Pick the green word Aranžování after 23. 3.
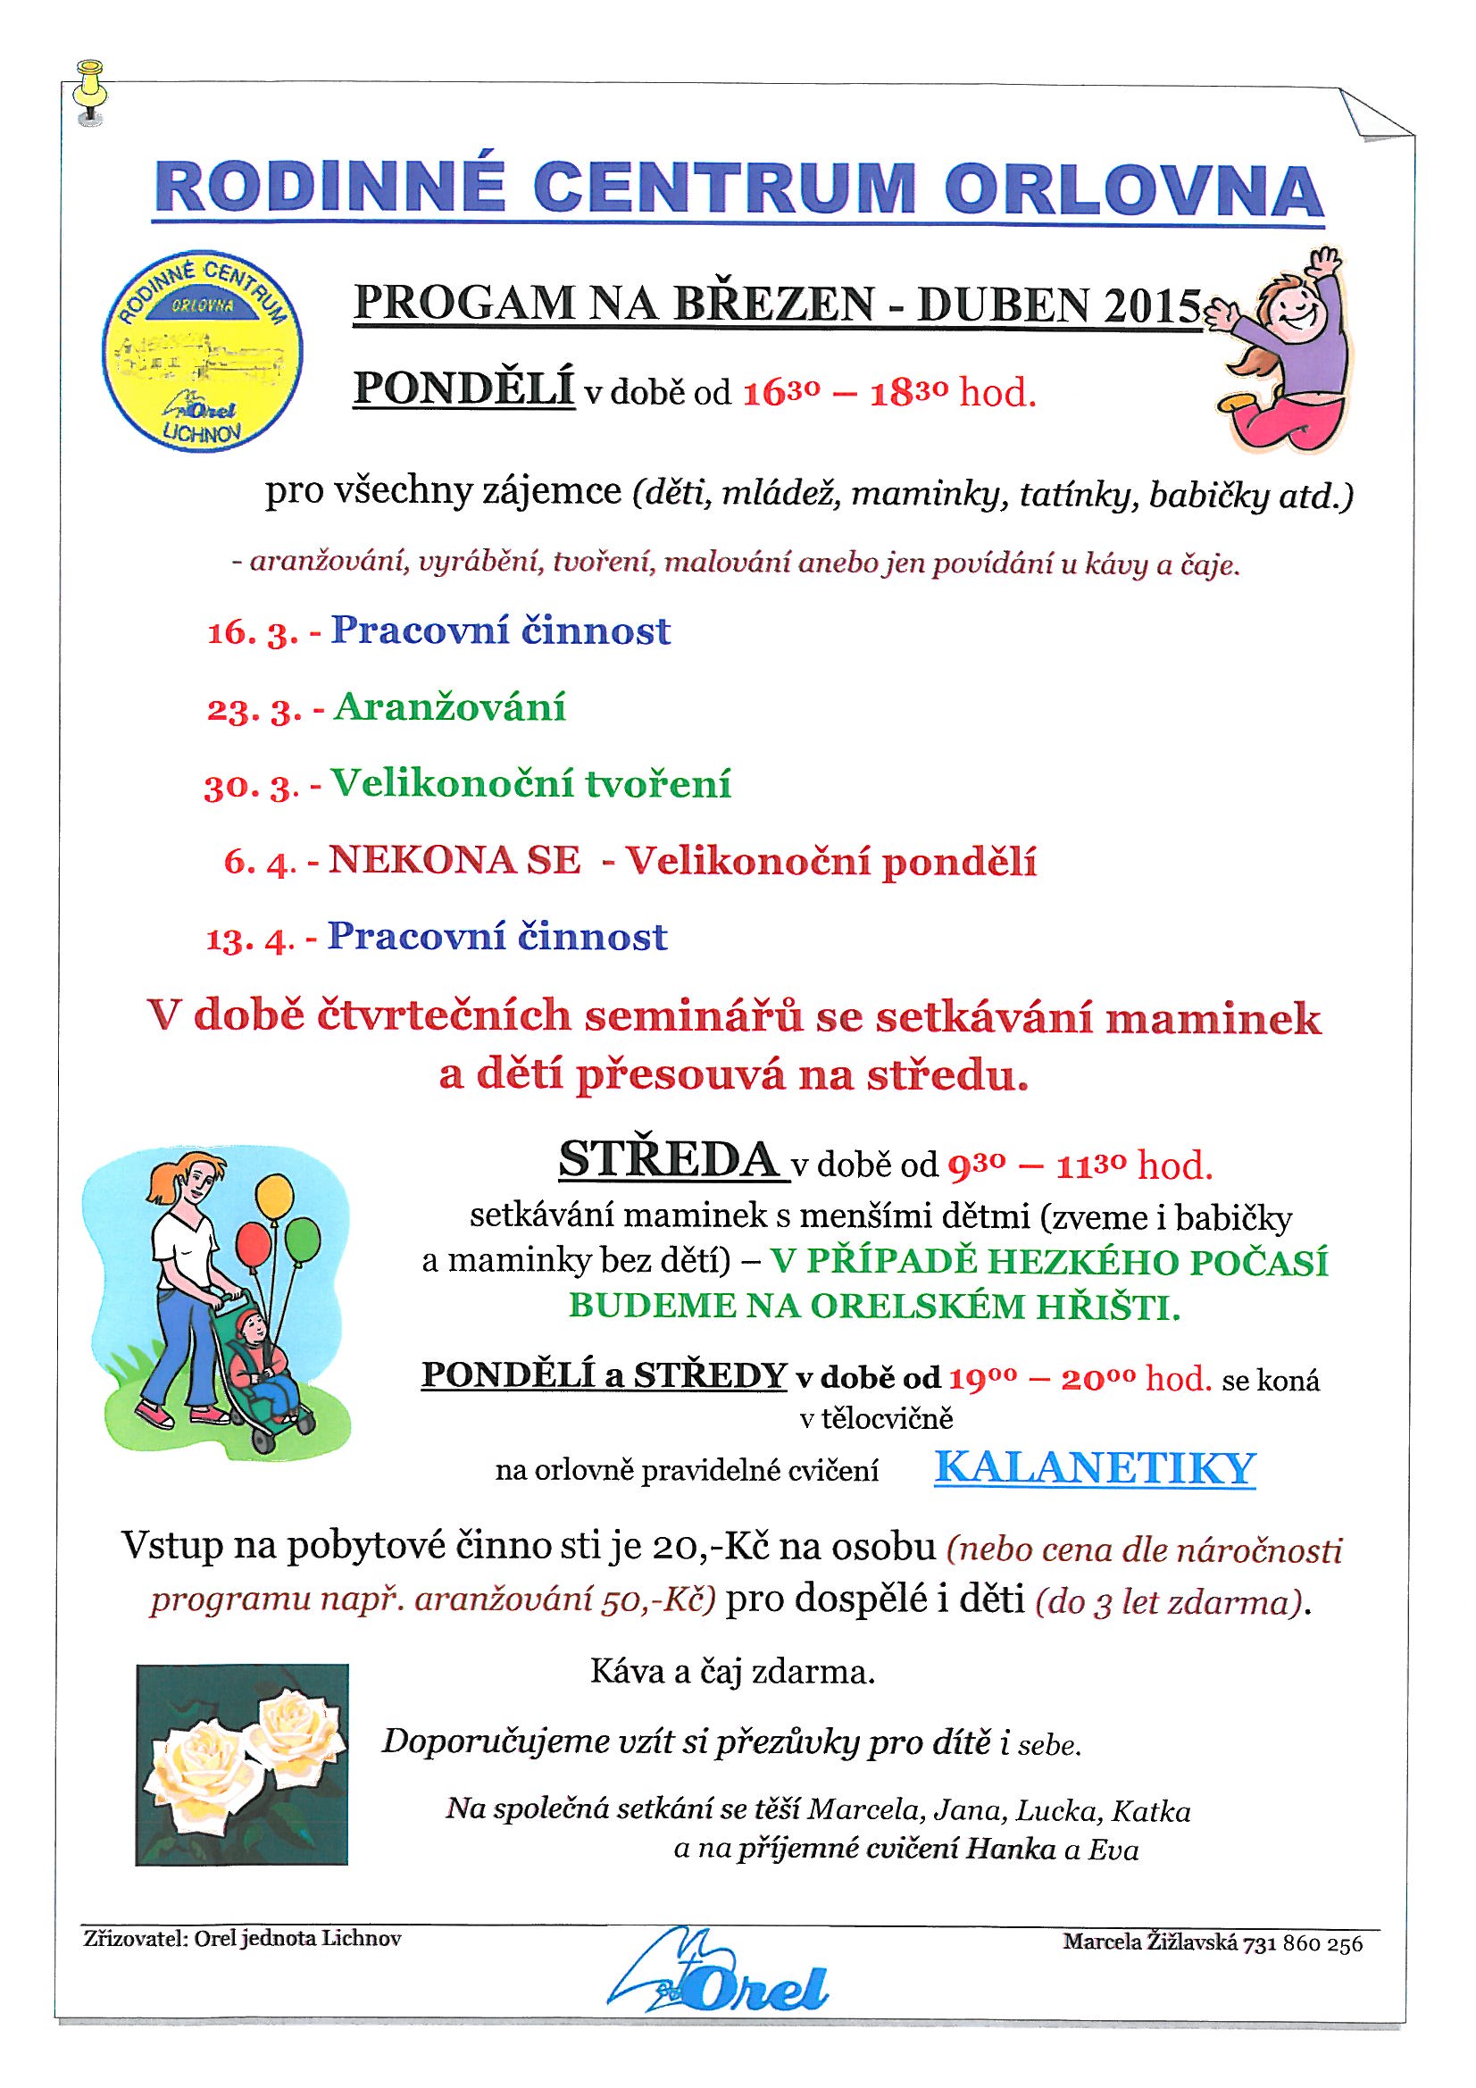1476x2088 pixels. click(450, 707)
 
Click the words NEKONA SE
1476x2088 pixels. click(454, 861)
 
